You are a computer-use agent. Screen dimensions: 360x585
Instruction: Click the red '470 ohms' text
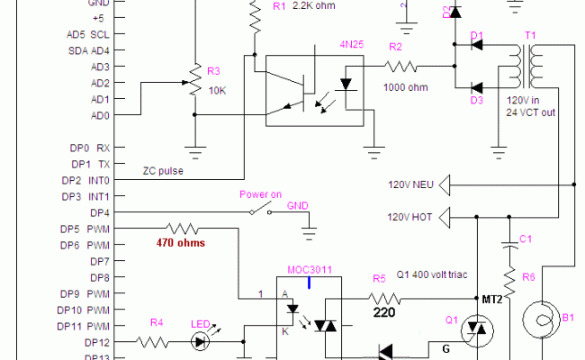tap(179, 243)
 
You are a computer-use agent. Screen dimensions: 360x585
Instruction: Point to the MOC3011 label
tap(309, 269)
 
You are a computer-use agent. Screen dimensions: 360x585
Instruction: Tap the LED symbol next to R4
tap(202, 342)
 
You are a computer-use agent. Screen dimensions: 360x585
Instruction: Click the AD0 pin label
tap(100, 115)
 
